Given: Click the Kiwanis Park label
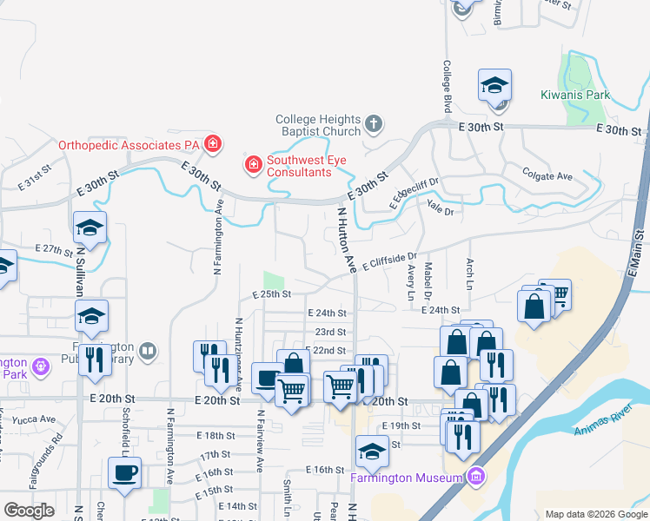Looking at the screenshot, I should coord(575,96).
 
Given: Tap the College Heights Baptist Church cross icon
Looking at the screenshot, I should coord(375,122).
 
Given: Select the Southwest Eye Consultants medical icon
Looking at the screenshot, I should coord(254,163).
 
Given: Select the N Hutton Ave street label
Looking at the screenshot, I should coord(347,241).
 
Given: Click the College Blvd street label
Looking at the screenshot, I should coord(448,84).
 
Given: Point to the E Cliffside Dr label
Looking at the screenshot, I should coord(391,261).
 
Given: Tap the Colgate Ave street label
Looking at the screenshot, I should coord(548,175).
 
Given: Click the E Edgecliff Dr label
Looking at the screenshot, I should coord(415,194).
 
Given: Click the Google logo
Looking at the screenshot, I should coord(29,511).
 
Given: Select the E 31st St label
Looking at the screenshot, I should coord(36,181).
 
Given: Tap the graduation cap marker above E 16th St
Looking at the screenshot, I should coord(372,452).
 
